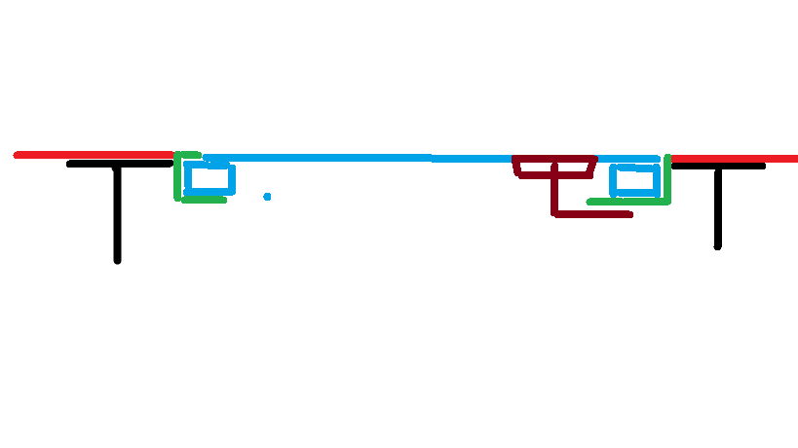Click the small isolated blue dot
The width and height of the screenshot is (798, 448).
point(267,197)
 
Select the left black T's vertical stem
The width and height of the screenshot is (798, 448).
point(117,214)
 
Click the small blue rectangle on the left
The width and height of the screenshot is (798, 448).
point(210,178)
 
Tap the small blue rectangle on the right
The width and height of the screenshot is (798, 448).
point(633,180)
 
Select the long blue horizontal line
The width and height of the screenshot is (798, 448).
point(370,158)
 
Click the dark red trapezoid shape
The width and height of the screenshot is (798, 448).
point(554,168)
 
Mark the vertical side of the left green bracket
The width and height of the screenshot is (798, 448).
point(177,177)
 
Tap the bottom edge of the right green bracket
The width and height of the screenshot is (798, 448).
point(628,202)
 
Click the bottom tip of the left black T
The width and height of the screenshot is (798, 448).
point(117,260)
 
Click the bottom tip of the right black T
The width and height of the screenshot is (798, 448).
point(718,246)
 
